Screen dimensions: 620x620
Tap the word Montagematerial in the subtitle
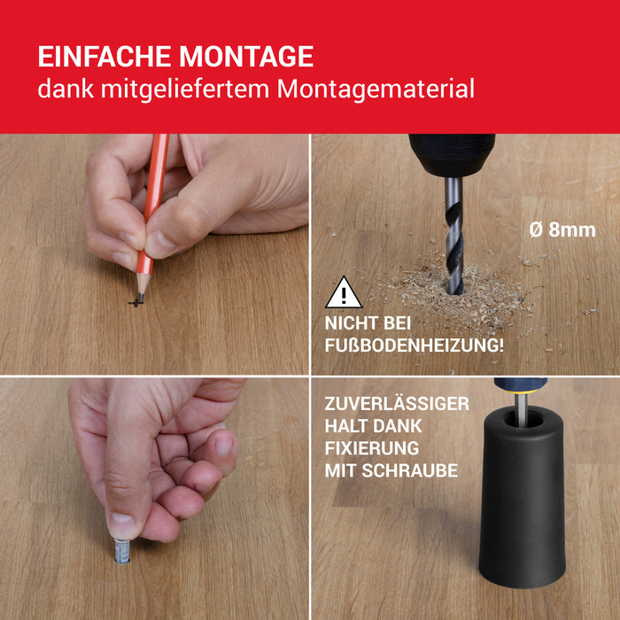tap(376, 89)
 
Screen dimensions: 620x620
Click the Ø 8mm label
tap(562, 229)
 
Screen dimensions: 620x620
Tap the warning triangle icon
tap(344, 294)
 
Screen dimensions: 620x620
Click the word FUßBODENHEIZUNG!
tap(414, 345)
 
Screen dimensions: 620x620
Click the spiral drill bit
tap(453, 235)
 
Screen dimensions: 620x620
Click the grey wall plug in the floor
tap(122, 551)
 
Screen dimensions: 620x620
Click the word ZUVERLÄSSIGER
tap(397, 404)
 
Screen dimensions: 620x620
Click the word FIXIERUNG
tap(372, 448)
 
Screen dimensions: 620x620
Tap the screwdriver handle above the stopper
tap(520, 385)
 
